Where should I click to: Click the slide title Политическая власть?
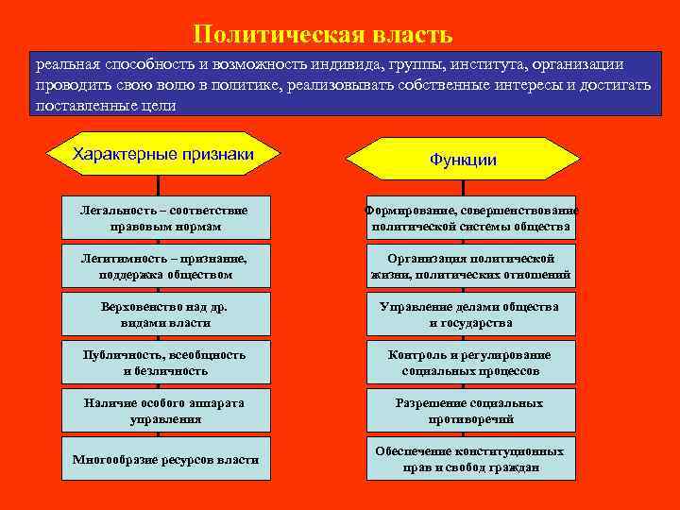(323, 35)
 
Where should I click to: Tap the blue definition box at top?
(345, 84)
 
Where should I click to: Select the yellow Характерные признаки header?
(163, 154)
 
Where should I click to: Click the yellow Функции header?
(463, 159)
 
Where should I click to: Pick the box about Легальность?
(165, 218)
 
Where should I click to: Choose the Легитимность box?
(165, 266)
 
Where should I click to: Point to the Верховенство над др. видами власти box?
(165, 314)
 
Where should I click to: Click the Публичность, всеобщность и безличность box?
(165, 363)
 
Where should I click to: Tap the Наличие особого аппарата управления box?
(165, 411)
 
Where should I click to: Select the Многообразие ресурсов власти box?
(165, 460)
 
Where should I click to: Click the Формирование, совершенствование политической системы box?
(470, 218)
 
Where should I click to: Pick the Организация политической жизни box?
(470, 266)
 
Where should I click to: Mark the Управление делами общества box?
(470, 314)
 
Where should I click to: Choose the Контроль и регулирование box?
(470, 363)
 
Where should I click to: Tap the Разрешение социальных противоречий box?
(470, 411)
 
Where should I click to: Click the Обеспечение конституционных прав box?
(470, 460)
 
